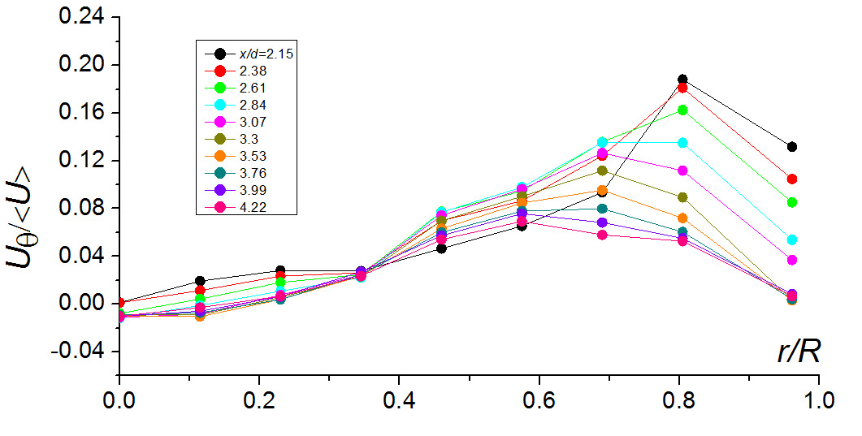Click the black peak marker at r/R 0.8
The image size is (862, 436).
pos(682,80)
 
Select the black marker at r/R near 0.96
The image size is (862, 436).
pos(791,147)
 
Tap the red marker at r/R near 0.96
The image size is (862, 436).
pos(791,179)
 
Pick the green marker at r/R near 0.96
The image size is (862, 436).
pos(791,202)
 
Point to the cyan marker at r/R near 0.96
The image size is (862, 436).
pos(791,240)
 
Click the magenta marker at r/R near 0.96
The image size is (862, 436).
pos(791,260)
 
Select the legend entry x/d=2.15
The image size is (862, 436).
pos(259,54)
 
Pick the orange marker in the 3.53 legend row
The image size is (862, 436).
pos(219,155)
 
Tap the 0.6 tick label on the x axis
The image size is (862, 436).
pos(539,402)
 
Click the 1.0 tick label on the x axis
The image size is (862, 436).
pos(818,402)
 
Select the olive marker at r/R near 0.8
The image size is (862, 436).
pos(682,197)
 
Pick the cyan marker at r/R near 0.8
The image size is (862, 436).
pos(682,143)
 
